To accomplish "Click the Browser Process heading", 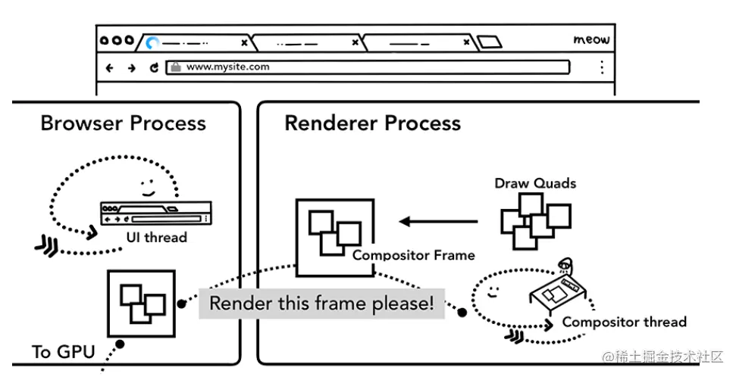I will tap(123, 123).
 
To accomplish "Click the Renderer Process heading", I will tap(372, 123).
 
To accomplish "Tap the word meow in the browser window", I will tap(590, 40).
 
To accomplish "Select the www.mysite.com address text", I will tap(227, 67).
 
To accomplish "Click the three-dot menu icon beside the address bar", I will tap(602, 67).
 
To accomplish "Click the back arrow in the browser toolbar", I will tap(110, 67).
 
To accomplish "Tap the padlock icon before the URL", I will tap(175, 67).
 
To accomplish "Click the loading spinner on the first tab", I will tap(152, 42).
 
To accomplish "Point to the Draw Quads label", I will tap(535, 183).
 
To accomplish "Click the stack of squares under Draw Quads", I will tap(534, 220).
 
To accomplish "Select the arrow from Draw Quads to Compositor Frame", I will tap(439, 222).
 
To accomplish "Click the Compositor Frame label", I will tap(413, 256).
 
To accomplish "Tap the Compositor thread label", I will tap(624, 322).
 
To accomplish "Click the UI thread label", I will tap(156, 238).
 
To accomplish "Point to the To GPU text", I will tap(63, 352).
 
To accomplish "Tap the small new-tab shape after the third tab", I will tap(490, 42).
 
